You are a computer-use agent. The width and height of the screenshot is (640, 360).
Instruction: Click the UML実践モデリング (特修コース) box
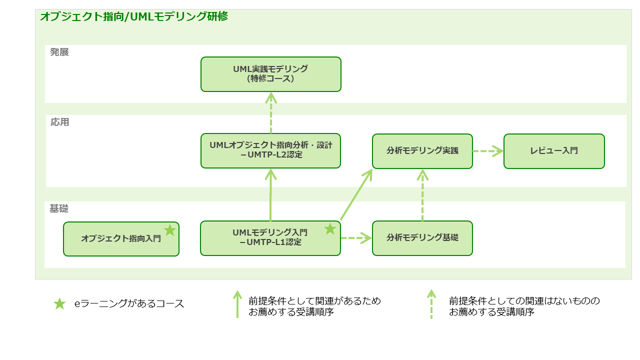coord(271,74)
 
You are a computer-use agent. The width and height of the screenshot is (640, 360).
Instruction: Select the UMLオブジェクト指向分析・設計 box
coord(270,150)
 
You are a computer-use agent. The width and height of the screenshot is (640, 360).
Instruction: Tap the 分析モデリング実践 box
coord(422,151)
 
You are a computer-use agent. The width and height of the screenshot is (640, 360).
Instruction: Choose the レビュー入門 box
coord(554,151)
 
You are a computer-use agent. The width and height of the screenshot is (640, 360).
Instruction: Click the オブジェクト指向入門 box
coord(121,239)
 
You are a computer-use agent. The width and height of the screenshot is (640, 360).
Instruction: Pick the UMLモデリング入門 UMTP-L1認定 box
coord(270,238)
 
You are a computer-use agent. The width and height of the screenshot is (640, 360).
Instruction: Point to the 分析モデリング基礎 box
coord(422,238)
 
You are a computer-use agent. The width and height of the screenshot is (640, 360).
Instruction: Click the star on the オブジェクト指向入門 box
coord(169,230)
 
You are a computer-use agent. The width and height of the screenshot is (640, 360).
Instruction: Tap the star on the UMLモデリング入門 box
coord(330,229)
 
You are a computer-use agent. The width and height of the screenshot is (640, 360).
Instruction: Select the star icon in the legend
coord(59,303)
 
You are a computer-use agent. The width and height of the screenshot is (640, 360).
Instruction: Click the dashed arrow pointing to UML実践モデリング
coord(271,113)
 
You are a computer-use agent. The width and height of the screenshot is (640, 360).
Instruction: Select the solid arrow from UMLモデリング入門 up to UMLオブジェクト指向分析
coord(270,194)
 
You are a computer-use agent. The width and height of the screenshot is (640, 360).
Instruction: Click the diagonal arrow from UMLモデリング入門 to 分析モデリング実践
coord(356,194)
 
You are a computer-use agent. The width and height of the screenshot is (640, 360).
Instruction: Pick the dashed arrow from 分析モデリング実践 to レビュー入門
coord(488,151)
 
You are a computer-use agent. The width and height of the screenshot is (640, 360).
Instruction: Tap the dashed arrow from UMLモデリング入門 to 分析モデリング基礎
coord(356,237)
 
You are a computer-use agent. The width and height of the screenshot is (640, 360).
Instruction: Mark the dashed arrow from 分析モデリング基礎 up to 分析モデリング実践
coord(422,195)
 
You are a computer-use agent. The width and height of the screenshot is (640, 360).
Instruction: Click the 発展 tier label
coord(59,52)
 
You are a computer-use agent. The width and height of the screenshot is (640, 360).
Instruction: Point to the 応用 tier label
coord(59,122)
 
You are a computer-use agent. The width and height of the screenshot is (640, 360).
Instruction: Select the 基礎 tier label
coord(59,208)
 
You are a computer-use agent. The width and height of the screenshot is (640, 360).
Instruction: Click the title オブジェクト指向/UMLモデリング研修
coord(134,16)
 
